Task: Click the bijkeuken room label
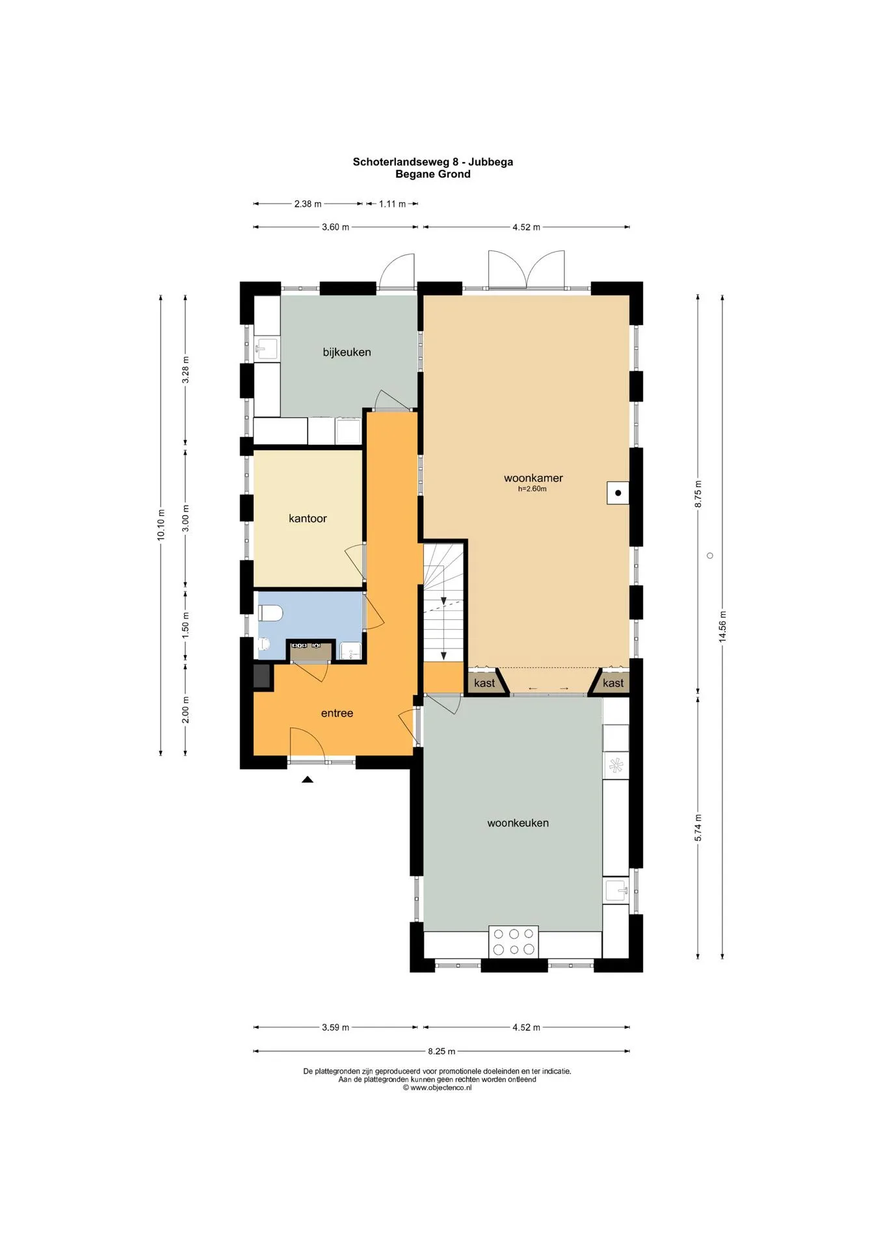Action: coord(347,352)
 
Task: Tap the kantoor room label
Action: coord(308,518)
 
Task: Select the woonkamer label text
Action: coord(533,478)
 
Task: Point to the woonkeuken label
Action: coord(518,823)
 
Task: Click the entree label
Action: coord(337,713)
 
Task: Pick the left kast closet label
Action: coord(484,682)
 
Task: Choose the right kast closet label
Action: coord(613,682)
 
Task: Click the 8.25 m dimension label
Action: coord(441,1051)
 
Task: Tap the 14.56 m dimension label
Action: coord(722,626)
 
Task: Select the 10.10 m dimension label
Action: coord(161,525)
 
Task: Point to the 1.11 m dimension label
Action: coord(392,204)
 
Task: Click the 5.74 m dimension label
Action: coord(698,828)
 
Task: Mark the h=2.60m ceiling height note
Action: coord(532,489)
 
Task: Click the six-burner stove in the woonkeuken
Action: coord(514,941)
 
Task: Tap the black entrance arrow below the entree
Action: coord(308,779)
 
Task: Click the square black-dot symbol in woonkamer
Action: coord(618,493)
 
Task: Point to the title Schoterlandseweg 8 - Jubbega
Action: coord(433,162)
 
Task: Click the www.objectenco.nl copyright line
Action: coord(437,1088)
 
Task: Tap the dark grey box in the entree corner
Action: coord(263,677)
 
